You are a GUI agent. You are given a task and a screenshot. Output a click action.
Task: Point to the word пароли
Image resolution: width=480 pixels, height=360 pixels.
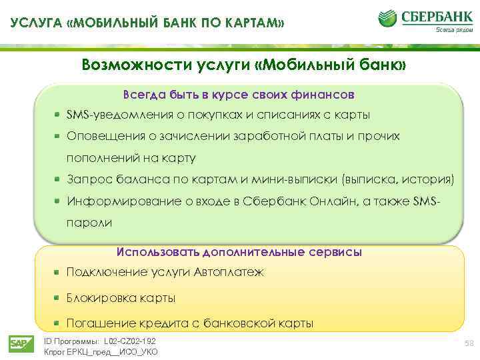[x=89, y=221]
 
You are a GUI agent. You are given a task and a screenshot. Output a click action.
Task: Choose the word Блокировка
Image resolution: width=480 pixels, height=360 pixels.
[x=100, y=297]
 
